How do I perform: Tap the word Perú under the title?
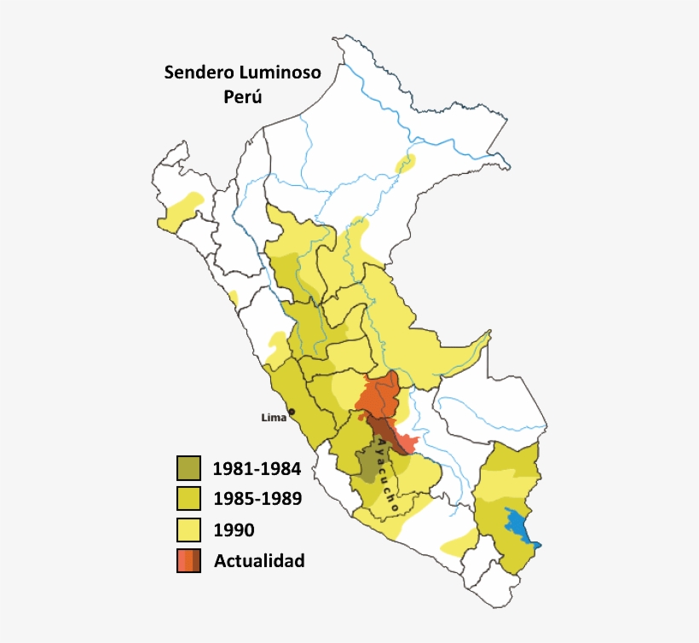click(x=242, y=96)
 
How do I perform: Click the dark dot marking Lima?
click(x=291, y=413)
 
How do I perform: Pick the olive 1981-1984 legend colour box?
click(x=188, y=467)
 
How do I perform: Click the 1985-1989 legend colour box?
click(x=188, y=498)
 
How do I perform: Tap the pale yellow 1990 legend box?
click(x=188, y=530)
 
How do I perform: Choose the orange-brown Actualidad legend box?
click(x=188, y=560)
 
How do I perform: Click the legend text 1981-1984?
click(x=257, y=468)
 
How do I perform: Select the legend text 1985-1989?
click(x=257, y=499)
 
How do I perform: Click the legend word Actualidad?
click(x=259, y=561)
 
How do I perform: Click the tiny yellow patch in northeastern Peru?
click(x=406, y=163)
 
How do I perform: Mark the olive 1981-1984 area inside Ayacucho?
click(x=369, y=464)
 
